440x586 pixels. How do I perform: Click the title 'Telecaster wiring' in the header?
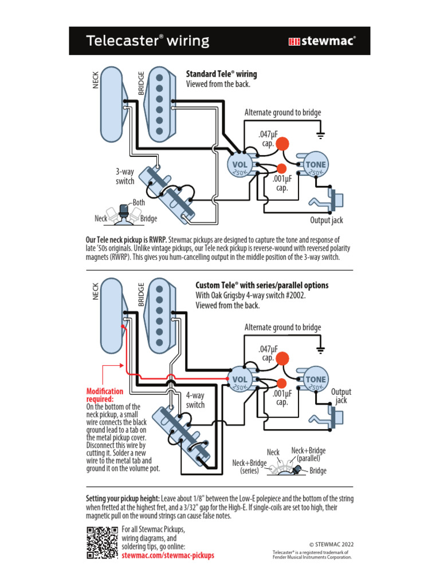coord(147,41)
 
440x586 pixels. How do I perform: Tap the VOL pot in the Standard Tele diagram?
coord(239,165)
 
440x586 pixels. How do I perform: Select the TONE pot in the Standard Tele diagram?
coord(315,165)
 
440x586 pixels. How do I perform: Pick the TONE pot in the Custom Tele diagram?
coord(315,379)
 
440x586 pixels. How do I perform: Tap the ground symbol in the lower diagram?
coord(321,350)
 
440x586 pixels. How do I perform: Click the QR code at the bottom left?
coord(102,542)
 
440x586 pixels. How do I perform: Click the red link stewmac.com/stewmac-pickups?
coord(168,555)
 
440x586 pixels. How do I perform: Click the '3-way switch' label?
coord(125,177)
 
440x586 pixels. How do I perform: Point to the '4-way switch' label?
coord(195,400)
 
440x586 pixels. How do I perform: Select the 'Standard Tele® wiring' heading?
coord(221,74)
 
